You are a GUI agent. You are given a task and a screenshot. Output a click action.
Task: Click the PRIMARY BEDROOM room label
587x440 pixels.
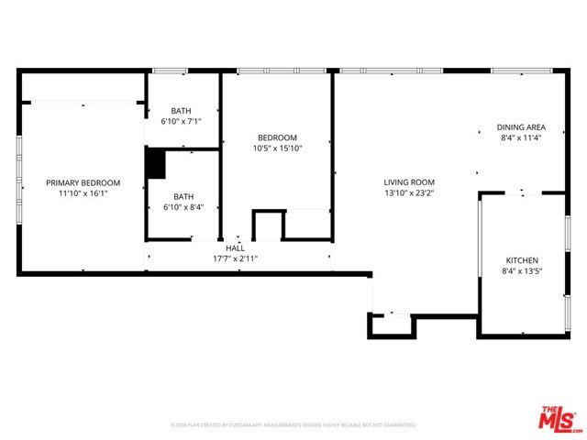point(83,182)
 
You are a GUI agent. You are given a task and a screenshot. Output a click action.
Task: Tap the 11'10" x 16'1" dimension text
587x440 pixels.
point(83,193)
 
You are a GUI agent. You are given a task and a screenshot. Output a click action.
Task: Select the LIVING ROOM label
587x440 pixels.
point(408,182)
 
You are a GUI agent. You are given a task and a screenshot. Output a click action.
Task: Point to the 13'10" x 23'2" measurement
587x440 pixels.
point(408,193)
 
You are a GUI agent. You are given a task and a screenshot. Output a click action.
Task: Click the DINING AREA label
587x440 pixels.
point(522,127)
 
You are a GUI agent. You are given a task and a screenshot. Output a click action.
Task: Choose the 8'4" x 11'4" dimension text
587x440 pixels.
point(522,138)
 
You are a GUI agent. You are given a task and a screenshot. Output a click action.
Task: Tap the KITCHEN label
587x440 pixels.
point(522,260)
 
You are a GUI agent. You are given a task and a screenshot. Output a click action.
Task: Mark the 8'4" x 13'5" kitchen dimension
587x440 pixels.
point(522,271)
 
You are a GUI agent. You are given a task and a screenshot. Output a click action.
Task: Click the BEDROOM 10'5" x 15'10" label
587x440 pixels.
point(276,137)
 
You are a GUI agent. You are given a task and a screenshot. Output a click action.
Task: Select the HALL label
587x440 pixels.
point(236,247)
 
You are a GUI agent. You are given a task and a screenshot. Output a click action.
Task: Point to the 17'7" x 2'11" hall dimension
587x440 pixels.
point(236,258)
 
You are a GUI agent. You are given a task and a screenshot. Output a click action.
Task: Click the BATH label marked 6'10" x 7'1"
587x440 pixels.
point(181,110)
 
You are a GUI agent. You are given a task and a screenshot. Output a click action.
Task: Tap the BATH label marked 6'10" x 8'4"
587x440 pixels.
point(184,195)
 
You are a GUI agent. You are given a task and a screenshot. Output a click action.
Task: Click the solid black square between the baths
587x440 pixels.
point(155,164)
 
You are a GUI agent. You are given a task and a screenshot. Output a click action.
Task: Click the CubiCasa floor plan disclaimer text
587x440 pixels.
point(293,425)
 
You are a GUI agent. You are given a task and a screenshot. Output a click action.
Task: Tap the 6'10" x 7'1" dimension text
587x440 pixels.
point(181,121)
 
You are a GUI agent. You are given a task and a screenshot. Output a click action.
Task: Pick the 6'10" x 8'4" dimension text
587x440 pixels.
point(184,206)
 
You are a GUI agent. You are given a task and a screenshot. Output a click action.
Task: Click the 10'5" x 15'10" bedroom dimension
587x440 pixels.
point(276,148)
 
